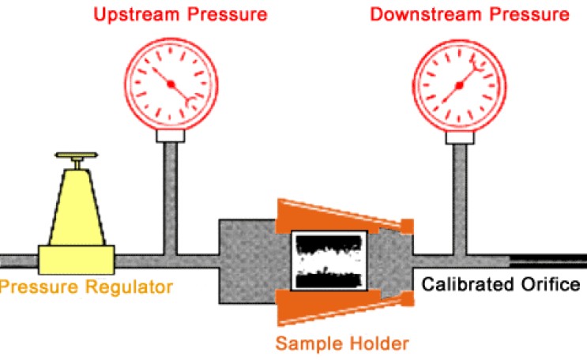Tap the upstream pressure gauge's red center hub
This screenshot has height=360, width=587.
pos(170,84)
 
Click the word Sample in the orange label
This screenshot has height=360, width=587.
pos(303,343)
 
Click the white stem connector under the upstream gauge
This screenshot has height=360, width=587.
pos(170,136)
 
